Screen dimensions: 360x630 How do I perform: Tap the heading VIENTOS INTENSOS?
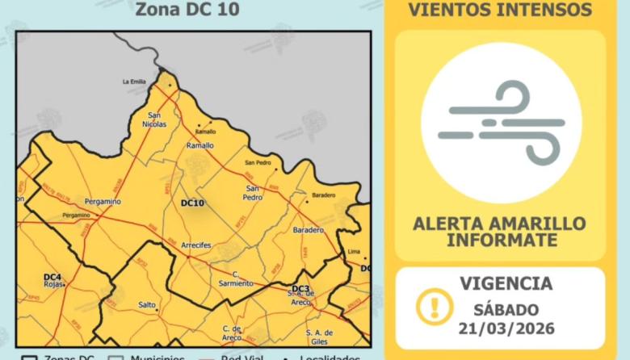click(500, 10)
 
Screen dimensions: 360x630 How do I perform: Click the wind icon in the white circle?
click(501, 122)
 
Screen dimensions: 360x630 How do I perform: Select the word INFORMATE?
click(501, 240)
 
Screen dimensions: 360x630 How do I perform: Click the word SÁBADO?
click(506, 308)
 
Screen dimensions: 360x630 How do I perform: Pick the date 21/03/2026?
click(506, 328)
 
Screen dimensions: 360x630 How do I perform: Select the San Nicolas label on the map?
click(157, 119)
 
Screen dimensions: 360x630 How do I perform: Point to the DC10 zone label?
click(192, 203)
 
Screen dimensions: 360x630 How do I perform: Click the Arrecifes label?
click(196, 244)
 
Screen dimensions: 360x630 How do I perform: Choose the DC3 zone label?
click(300, 289)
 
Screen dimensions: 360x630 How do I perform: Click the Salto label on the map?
click(147, 304)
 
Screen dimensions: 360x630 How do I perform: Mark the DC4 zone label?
click(52, 277)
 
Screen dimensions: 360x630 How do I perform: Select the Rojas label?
click(53, 285)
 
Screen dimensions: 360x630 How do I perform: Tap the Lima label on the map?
click(353, 252)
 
